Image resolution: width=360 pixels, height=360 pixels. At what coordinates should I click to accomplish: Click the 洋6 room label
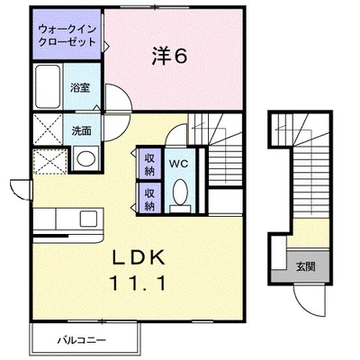point(169,56)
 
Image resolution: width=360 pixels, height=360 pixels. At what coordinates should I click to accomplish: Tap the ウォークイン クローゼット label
point(67,35)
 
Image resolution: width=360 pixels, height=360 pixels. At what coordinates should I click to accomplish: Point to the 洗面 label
point(81,130)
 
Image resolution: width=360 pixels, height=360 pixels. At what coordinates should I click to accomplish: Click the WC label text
point(178,164)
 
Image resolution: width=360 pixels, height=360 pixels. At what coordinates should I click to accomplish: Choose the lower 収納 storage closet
point(149,198)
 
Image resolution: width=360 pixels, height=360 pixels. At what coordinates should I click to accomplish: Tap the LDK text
point(139,257)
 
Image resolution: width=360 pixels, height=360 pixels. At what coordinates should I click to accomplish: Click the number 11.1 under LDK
point(138,283)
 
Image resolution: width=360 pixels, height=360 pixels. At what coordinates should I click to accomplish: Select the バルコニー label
point(82,340)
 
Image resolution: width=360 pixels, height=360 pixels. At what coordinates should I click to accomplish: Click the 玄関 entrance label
point(306,266)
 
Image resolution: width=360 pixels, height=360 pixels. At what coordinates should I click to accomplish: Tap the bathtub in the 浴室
point(48,86)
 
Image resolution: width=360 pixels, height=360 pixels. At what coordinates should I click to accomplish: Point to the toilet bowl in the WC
point(180,193)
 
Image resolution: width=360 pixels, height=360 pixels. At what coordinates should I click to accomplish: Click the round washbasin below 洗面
point(86,158)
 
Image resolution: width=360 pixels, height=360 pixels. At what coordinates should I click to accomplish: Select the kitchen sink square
point(88,219)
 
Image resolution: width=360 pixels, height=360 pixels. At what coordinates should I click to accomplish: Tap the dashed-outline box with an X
point(49,161)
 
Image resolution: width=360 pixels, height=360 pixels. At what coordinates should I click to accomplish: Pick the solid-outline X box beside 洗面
point(48,129)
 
